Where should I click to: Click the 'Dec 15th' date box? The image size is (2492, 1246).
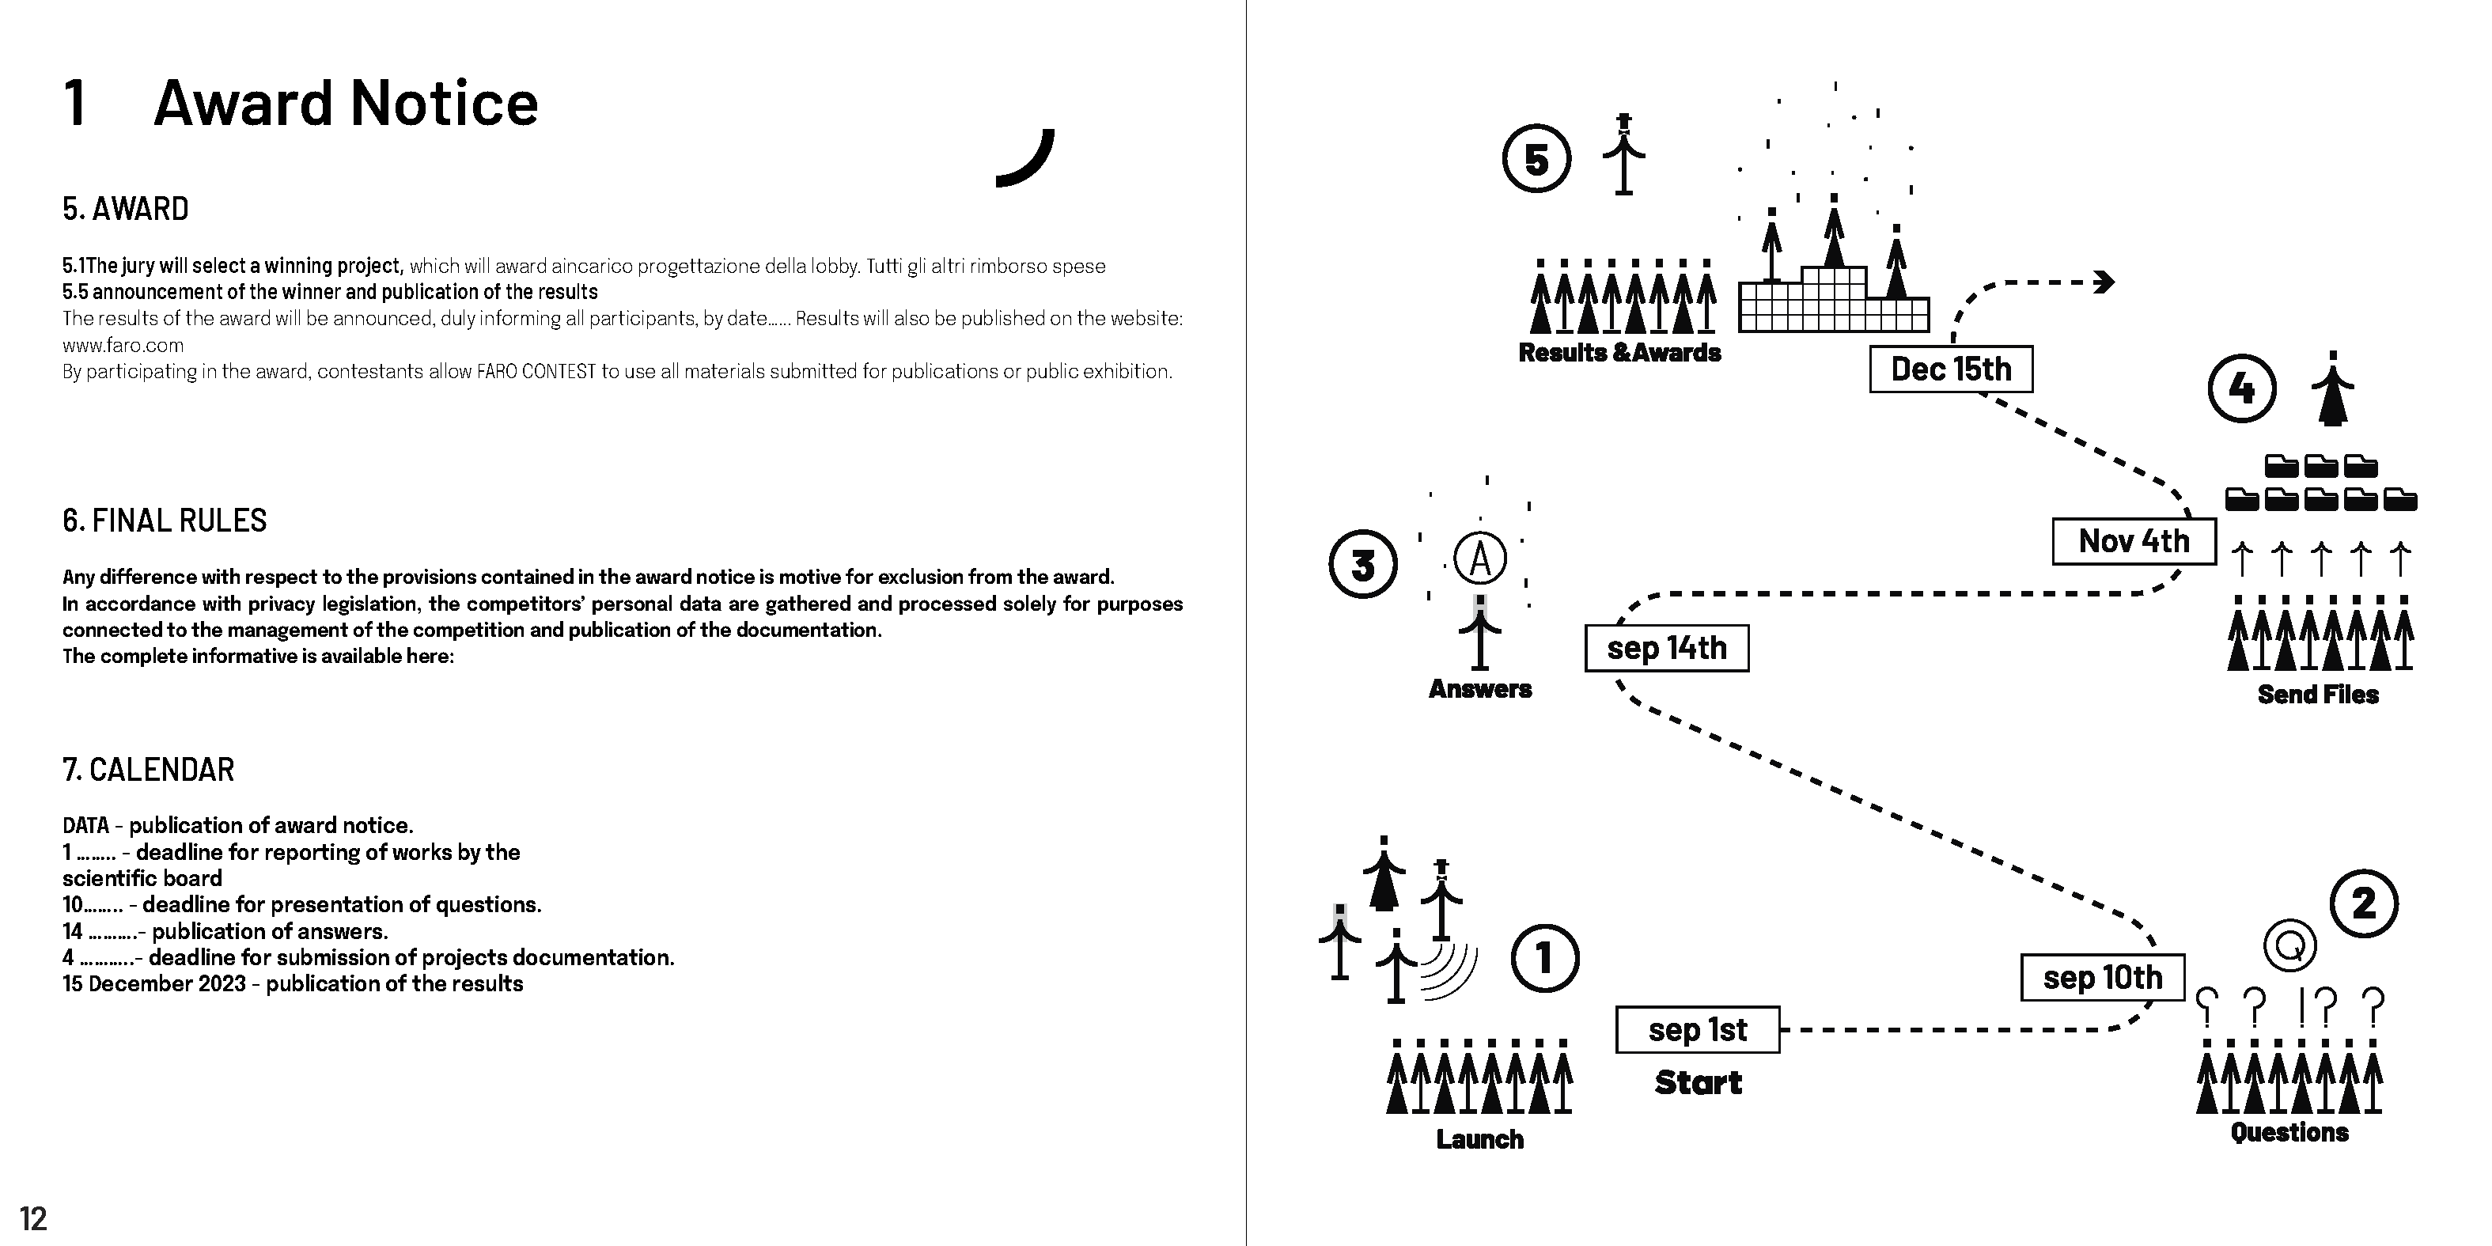pos(1950,369)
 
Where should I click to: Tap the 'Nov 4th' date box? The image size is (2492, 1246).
pos(2133,541)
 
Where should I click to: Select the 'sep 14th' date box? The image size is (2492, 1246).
pos(1666,648)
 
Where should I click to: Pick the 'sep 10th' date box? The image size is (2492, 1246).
pos(2102,977)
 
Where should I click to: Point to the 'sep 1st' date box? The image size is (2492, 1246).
pos(1697,1029)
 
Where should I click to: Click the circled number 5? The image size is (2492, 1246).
pos(1536,159)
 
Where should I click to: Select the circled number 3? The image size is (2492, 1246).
pos(1363,564)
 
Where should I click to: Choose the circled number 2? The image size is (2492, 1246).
pos(2363,903)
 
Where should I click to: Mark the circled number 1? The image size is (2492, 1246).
pos(1544,959)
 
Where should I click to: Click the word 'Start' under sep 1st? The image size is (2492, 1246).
pos(1698,1082)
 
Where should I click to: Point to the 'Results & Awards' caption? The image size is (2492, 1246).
pos(1619,352)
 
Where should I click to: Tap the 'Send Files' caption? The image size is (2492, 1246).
pos(2318,694)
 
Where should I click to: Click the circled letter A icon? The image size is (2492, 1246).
pos(1480,559)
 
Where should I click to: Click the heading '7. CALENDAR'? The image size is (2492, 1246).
pos(148,770)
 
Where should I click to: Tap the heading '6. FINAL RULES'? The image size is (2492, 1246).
pos(165,521)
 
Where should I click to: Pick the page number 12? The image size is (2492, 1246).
pos(33,1218)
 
